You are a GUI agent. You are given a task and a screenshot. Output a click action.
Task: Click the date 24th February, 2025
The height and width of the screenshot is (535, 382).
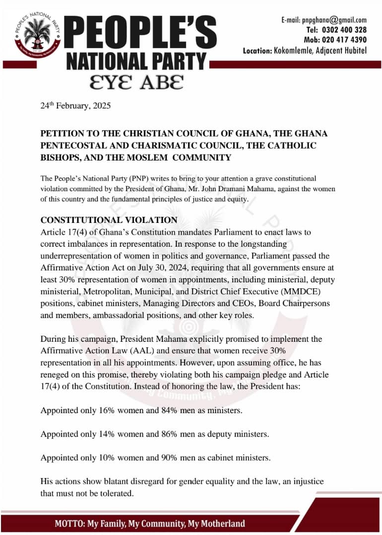pos(75,107)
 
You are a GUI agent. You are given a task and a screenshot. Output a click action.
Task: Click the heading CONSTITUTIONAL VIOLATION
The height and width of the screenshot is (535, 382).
pos(109,220)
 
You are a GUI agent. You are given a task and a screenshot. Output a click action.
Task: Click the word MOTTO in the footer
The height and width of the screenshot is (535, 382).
pos(69,524)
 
